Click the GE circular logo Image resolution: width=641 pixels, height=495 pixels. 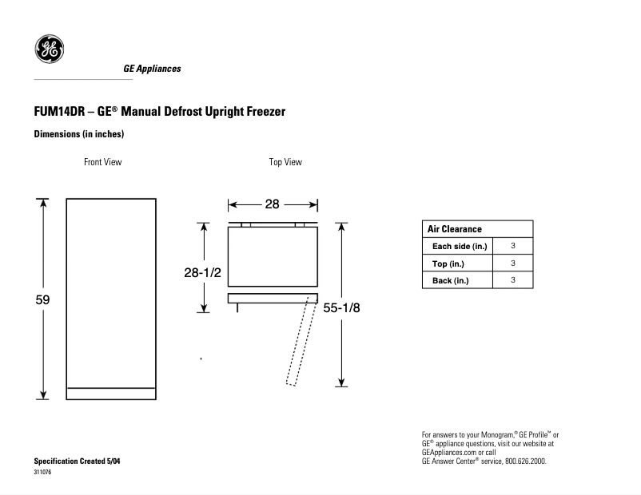pyautogui.click(x=49, y=50)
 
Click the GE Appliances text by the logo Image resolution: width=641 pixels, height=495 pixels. pyautogui.click(x=152, y=69)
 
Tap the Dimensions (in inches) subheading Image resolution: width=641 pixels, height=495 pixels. pyautogui.click(x=78, y=134)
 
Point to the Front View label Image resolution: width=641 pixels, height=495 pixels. pyautogui.click(x=103, y=162)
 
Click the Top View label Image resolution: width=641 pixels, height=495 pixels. pyautogui.click(x=285, y=162)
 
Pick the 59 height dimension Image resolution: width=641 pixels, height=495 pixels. pyautogui.click(x=43, y=300)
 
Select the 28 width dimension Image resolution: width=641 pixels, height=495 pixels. pyautogui.click(x=272, y=204)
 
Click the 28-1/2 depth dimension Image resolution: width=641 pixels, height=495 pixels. pyautogui.click(x=202, y=273)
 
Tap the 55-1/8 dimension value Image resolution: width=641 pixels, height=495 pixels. pyautogui.click(x=342, y=308)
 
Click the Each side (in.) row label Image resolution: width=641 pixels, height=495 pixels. pyautogui.click(x=460, y=246)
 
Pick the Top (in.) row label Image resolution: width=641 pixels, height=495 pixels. pyautogui.click(x=448, y=263)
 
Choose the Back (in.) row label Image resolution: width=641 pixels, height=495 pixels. pyautogui.click(x=451, y=280)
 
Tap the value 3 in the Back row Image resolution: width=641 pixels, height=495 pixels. pyautogui.click(x=513, y=280)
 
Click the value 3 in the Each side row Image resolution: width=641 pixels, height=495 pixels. pyautogui.click(x=513, y=246)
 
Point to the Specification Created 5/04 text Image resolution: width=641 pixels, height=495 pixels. pyautogui.click(x=77, y=461)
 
